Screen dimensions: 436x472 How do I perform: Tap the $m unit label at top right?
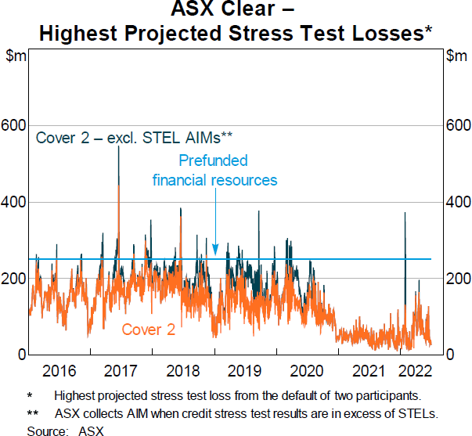(456, 56)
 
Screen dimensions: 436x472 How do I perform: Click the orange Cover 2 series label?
(148, 330)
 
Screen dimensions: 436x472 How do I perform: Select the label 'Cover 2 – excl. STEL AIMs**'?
(134, 138)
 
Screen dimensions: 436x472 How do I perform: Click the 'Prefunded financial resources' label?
(214, 170)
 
